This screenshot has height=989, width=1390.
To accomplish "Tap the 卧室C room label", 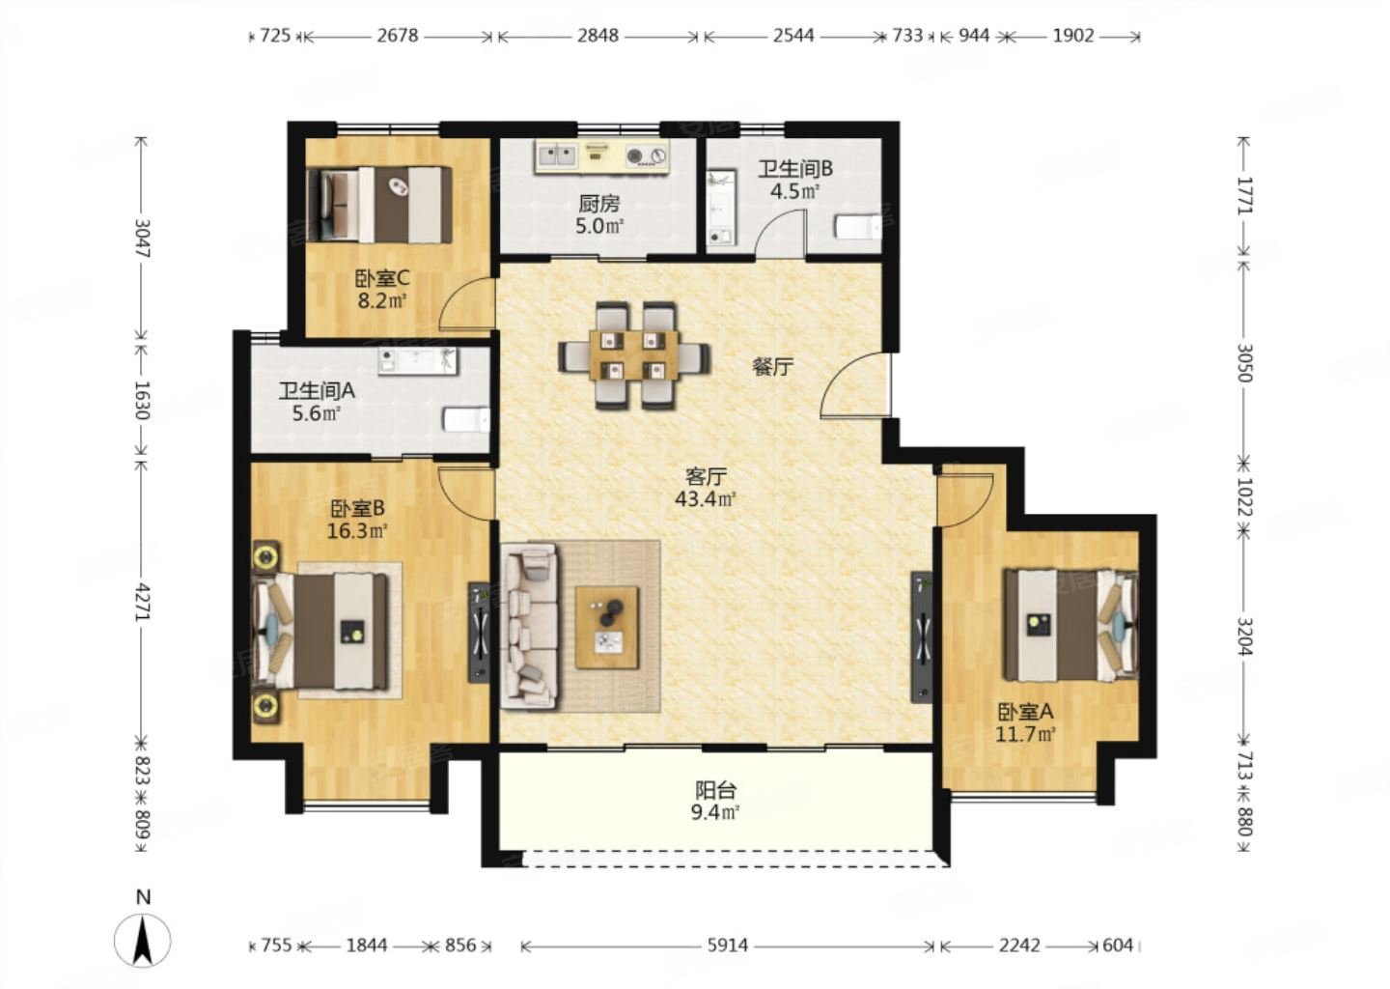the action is click(382, 278).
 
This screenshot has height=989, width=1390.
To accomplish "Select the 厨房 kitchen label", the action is click(598, 203).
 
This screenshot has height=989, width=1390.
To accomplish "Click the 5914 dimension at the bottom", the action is click(727, 945).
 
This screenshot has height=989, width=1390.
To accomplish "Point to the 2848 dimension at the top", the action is click(598, 36).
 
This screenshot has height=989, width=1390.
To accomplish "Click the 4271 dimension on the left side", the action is click(143, 602).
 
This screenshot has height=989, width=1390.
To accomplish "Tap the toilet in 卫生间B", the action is click(858, 227).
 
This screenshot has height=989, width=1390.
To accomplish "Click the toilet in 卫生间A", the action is click(467, 420).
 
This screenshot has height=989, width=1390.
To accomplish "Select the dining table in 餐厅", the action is click(634, 355).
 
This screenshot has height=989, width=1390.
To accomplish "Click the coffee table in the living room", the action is click(607, 627).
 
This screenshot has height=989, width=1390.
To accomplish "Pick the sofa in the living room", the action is click(529, 625).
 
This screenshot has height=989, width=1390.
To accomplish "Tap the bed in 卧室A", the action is click(1070, 625).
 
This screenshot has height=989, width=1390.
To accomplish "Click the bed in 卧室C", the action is click(379, 204).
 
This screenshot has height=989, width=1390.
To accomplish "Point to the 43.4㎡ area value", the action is click(706, 498).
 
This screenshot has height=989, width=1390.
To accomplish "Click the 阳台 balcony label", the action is click(715, 790).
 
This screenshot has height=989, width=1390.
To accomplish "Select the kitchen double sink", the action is click(556, 155).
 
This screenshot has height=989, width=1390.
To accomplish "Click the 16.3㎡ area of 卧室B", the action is click(357, 531).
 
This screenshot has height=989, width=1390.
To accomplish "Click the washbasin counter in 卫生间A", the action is click(418, 361).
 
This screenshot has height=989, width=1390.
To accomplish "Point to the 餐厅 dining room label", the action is click(772, 368).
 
